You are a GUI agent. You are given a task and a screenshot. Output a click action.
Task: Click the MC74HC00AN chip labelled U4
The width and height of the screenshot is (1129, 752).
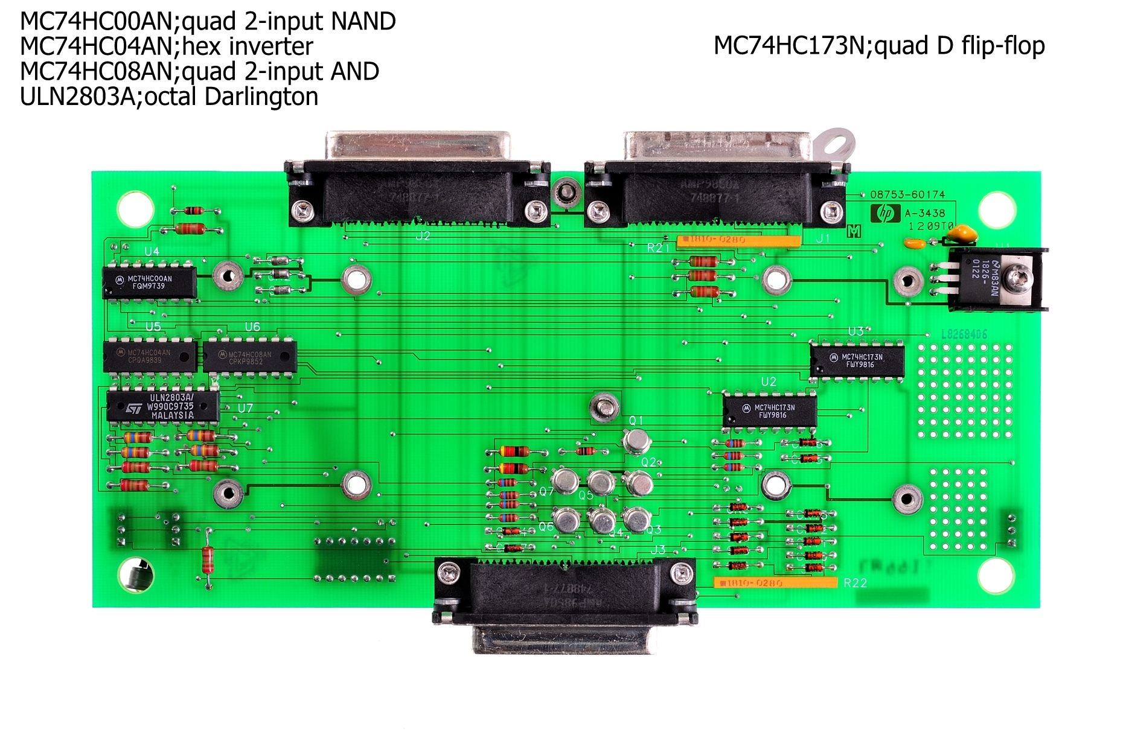[x=150, y=282]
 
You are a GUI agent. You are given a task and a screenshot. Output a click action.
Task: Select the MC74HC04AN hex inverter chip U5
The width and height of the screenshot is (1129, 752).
[x=150, y=356]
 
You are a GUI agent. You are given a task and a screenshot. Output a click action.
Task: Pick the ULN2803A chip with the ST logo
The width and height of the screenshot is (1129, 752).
[x=163, y=406]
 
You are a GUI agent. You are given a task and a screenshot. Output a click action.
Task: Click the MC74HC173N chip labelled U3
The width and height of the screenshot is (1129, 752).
[x=857, y=360]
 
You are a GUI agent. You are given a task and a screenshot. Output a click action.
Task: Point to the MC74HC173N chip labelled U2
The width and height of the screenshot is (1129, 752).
[x=770, y=411]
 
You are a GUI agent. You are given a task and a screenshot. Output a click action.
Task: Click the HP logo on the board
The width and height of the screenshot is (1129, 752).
[x=885, y=213]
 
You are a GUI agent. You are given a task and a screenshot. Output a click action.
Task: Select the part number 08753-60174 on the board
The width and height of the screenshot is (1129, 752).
[x=907, y=194]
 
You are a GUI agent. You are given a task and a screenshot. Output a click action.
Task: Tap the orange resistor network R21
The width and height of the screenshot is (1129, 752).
[x=738, y=241]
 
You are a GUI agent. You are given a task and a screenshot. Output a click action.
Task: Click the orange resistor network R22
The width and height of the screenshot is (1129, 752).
[x=775, y=582]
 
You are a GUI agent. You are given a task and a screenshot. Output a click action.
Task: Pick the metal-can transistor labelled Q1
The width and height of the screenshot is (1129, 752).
[x=636, y=441]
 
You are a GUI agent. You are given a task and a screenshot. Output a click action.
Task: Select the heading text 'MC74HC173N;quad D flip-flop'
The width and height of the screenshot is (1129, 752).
[x=879, y=46]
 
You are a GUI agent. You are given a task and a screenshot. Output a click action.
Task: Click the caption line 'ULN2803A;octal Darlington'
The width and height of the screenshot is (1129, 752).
[x=169, y=97]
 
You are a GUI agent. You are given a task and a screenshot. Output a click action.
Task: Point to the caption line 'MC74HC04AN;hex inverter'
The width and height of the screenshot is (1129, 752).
[x=167, y=46]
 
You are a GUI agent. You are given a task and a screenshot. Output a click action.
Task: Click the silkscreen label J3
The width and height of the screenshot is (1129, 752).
[x=657, y=549]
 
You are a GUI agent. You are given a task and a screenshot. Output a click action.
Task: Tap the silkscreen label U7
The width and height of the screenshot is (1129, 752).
[x=245, y=409]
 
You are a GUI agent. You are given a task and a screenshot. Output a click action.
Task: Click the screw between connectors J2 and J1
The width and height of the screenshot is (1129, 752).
[x=567, y=194]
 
